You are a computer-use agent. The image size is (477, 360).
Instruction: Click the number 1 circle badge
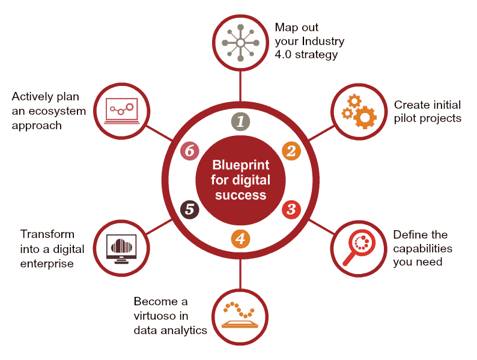coord(240,122)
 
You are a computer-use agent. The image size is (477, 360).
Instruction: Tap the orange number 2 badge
coord(291,151)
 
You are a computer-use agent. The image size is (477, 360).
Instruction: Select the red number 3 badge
coord(291,209)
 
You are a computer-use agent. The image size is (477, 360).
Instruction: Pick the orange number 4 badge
coord(240,239)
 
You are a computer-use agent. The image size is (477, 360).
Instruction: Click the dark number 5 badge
coord(190,209)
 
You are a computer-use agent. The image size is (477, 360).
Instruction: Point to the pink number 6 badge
coord(190,151)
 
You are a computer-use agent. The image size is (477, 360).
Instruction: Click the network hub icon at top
coord(240,43)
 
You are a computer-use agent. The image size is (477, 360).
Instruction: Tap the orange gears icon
coord(359,112)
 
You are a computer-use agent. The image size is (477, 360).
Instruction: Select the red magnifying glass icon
coord(359,248)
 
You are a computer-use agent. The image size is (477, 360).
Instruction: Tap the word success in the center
coord(241,195)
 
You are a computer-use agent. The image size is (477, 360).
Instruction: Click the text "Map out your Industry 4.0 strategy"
coord(309,41)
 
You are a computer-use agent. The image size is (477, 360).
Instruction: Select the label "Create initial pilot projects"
coord(427,111)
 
